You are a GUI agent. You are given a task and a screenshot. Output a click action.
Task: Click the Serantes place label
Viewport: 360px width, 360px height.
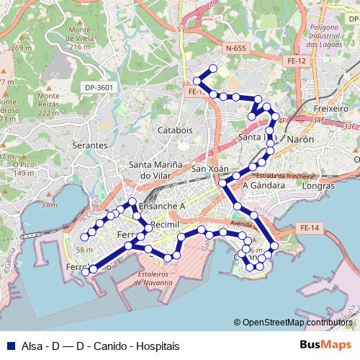tap(90, 145)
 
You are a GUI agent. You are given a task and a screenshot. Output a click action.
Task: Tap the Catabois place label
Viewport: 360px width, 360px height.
tap(175, 130)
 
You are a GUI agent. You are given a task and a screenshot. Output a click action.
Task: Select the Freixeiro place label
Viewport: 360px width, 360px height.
tap(331, 108)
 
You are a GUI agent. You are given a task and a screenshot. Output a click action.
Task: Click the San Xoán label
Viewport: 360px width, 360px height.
tap(210, 168)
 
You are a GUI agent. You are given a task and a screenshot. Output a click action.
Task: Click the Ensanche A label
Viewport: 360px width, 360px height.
tap(162, 205)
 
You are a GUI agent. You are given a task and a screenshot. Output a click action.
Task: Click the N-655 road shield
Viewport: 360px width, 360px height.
tap(235, 48)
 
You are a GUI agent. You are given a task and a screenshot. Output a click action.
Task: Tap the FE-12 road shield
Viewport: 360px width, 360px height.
tap(297, 61)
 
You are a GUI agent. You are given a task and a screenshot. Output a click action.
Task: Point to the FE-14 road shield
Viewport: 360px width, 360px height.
tap(309, 228)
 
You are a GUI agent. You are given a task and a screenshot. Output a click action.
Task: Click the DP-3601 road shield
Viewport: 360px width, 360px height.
tap(99, 87)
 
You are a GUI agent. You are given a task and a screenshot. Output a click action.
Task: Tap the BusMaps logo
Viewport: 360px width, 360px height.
tap(325, 346)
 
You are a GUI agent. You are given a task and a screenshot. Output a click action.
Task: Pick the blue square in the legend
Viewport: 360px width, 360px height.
tap(9, 346)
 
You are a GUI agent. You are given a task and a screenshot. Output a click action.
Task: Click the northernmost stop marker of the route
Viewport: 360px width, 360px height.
tap(212, 68)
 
